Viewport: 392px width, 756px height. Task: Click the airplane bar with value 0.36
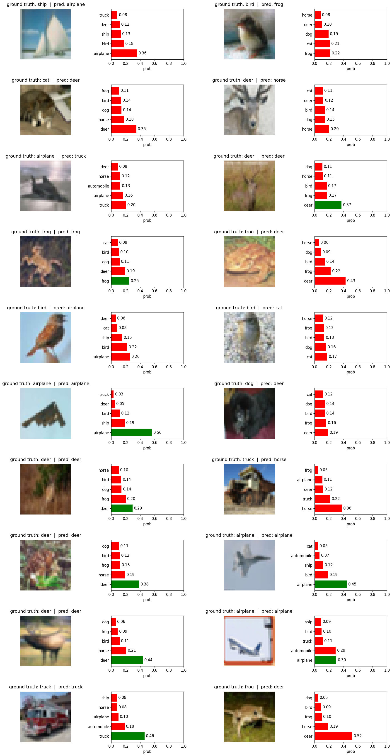[x=124, y=53]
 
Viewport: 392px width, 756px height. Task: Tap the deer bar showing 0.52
[x=333, y=736]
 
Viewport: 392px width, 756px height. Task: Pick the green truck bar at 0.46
[x=128, y=736]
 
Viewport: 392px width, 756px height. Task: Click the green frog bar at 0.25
[x=120, y=281]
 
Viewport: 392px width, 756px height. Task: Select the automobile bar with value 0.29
[x=325, y=650]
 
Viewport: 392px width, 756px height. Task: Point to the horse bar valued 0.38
[x=328, y=508]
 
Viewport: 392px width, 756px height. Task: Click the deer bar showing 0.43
[x=330, y=281]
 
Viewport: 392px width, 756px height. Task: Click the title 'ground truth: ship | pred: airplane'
[x=46, y=4]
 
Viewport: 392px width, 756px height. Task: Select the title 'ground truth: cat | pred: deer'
[x=46, y=80]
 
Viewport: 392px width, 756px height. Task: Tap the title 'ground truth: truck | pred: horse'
[x=249, y=459]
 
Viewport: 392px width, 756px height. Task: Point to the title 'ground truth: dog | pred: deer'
[x=249, y=384]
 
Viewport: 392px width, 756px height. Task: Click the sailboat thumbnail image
[x=46, y=34]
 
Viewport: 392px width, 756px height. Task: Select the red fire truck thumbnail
[x=46, y=717]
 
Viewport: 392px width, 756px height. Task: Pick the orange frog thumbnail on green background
[x=249, y=261]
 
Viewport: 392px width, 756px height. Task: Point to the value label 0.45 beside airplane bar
[x=352, y=584]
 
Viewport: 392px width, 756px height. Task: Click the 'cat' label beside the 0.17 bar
[x=309, y=357]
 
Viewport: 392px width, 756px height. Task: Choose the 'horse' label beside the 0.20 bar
[x=307, y=129]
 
